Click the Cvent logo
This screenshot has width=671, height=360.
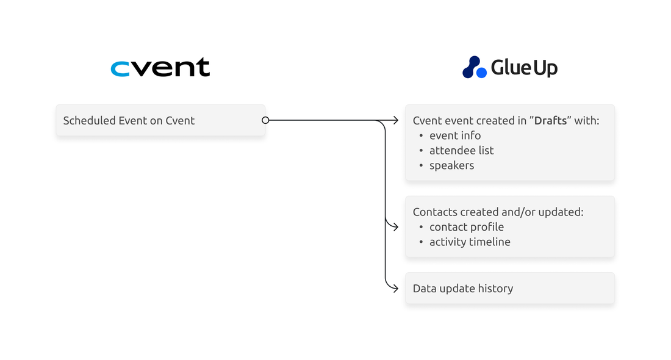160,68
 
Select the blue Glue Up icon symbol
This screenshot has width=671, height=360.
475,67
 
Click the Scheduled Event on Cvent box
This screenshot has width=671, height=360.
160,120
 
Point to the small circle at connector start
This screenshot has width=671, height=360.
265,120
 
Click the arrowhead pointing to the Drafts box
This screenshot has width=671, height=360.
395,120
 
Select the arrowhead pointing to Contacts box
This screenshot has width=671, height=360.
395,227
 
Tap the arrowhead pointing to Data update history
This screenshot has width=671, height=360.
395,288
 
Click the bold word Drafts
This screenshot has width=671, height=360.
551,120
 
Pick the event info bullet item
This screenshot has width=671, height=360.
455,135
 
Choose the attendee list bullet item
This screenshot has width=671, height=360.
461,151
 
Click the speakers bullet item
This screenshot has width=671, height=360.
451,165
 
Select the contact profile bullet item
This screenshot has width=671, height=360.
467,227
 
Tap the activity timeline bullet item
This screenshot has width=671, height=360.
470,242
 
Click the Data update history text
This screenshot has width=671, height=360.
463,288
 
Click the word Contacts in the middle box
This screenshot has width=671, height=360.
435,212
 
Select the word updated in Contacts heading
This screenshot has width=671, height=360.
561,212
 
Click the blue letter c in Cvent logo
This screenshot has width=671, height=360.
120,69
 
